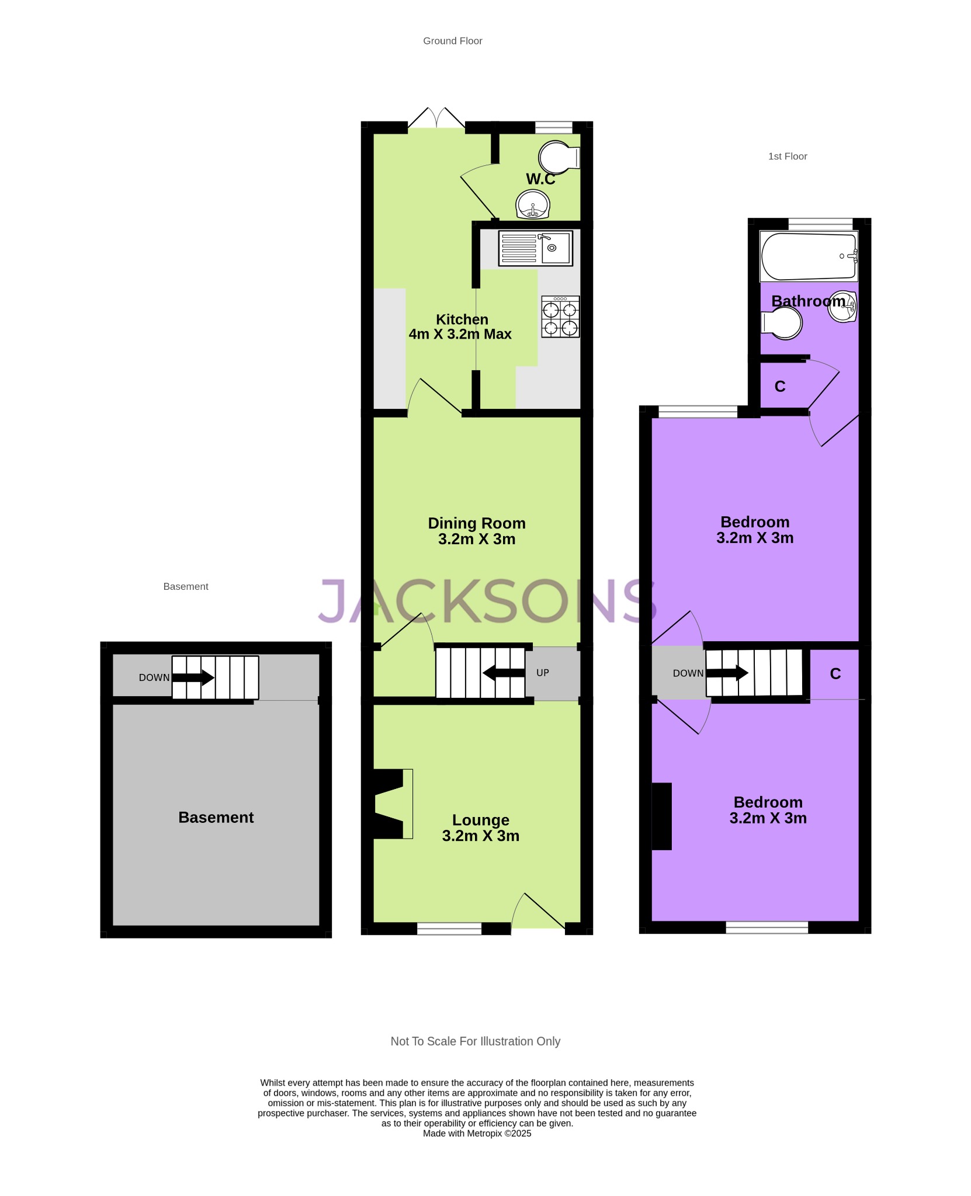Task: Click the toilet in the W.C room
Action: pyautogui.click(x=559, y=157)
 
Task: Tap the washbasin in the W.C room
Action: pyautogui.click(x=533, y=204)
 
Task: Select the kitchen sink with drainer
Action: pyautogui.click(x=535, y=248)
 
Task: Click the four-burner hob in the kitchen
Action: pyautogui.click(x=560, y=317)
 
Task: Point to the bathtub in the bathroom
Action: pyautogui.click(x=809, y=256)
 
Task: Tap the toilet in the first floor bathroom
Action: pyautogui.click(x=781, y=324)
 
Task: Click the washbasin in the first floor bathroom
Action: pyautogui.click(x=842, y=306)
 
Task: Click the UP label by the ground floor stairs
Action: pyautogui.click(x=543, y=673)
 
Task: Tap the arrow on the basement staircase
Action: pyautogui.click(x=193, y=677)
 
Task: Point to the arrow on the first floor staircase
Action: pyautogui.click(x=727, y=673)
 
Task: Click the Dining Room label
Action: pyautogui.click(x=477, y=523)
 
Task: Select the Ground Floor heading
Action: pyautogui.click(x=453, y=41)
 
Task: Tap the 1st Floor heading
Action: pyautogui.click(x=788, y=157)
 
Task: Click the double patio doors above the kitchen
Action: pyautogui.click(x=436, y=117)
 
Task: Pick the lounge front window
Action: pyautogui.click(x=449, y=928)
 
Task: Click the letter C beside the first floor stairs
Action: pyautogui.click(x=835, y=674)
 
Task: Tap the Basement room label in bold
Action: pyautogui.click(x=216, y=818)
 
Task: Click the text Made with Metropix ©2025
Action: pyautogui.click(x=477, y=1134)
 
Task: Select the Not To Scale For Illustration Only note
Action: pyautogui.click(x=476, y=1041)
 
